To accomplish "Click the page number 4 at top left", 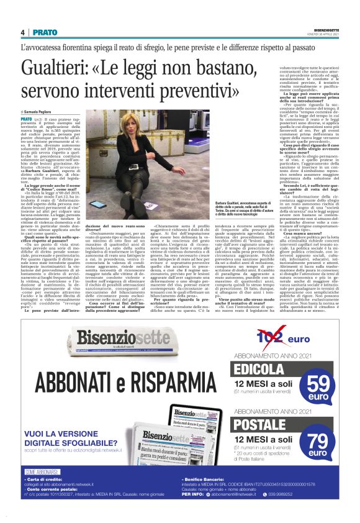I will [23, 32].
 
